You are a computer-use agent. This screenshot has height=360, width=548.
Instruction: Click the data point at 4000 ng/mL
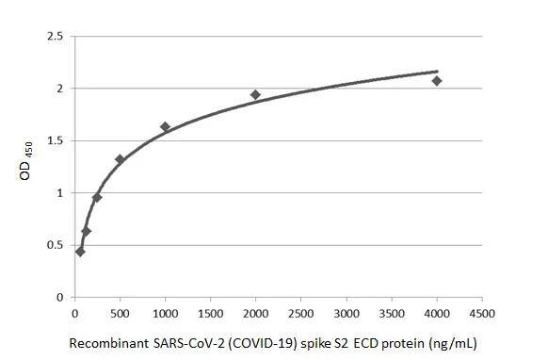(x=437, y=81)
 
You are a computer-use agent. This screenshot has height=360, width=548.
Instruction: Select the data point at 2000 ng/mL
(x=255, y=94)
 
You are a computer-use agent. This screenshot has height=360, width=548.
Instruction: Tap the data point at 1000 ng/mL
(x=165, y=126)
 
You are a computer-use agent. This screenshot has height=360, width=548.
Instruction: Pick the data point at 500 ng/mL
(x=120, y=159)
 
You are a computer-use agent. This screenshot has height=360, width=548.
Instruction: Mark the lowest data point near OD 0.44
(x=80, y=252)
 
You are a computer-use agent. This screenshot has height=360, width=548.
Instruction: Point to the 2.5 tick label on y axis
(x=56, y=37)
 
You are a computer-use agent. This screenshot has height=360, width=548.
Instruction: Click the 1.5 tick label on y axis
(x=56, y=141)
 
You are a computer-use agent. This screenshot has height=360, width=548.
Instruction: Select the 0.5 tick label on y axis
(x=56, y=245)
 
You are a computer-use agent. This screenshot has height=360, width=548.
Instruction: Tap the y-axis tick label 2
(x=60, y=89)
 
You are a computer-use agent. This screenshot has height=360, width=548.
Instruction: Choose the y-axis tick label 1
(x=60, y=193)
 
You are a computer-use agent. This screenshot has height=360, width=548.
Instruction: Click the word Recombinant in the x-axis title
(x=106, y=343)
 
